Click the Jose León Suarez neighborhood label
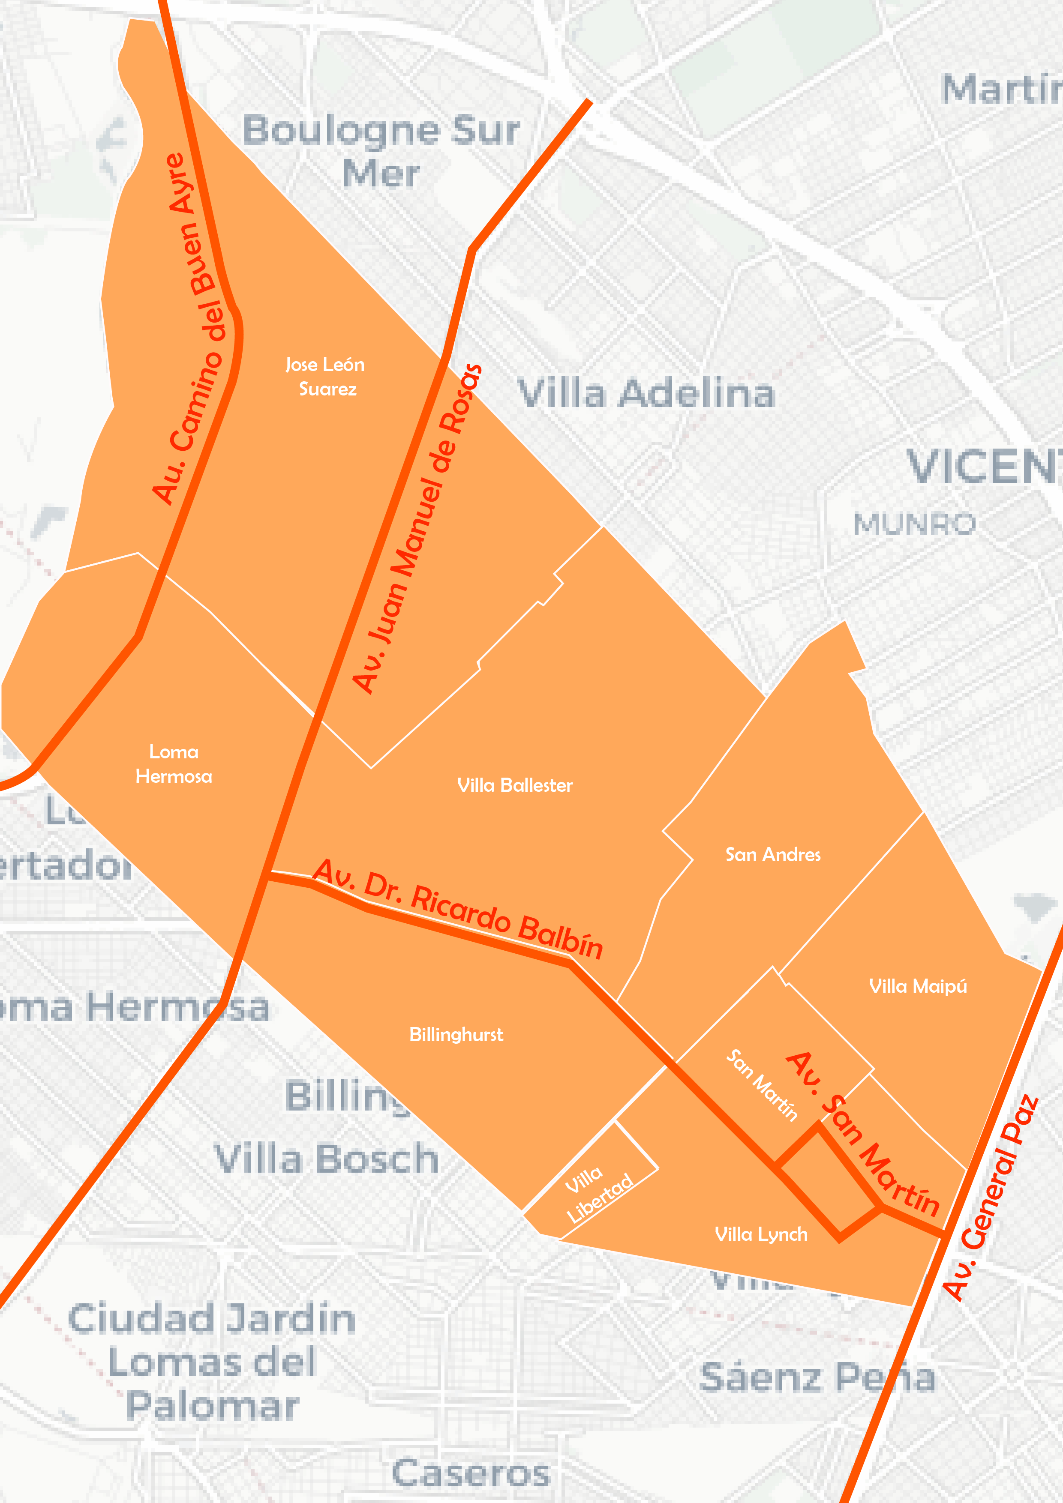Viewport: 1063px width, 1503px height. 325,377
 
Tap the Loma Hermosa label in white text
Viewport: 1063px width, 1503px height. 174,764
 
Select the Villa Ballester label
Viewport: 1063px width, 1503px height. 515,785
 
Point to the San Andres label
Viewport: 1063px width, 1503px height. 773,854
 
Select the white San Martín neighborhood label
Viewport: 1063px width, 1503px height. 762,1085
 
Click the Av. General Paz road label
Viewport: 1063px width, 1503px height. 990,1197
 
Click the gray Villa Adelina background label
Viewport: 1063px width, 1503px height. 646,393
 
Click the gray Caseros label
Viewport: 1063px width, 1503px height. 471,1473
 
